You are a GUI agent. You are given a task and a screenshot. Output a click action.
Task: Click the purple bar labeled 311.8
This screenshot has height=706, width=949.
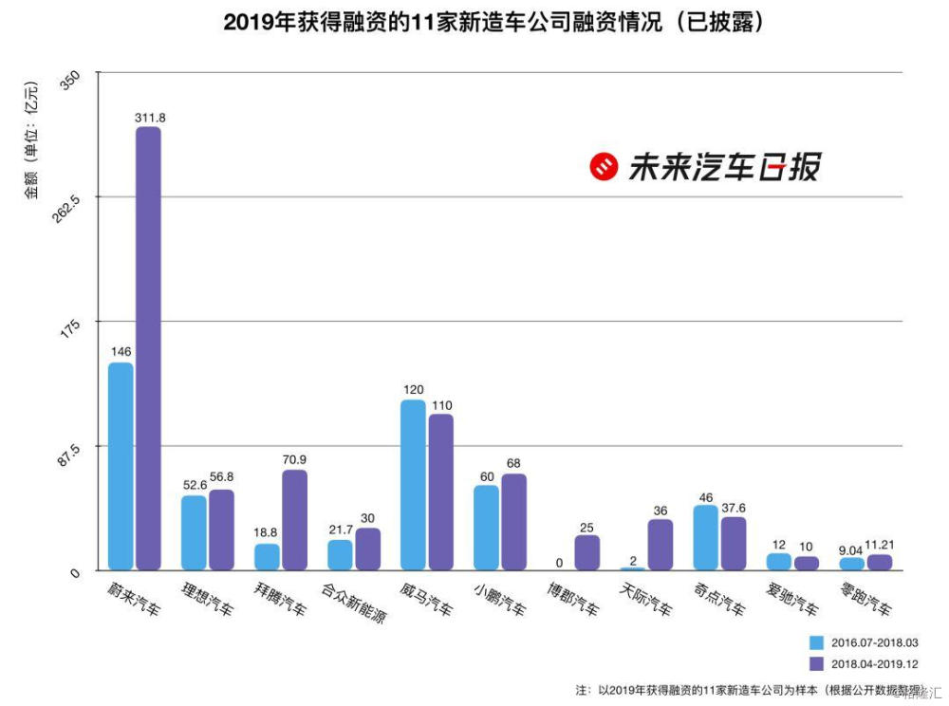point(148,348)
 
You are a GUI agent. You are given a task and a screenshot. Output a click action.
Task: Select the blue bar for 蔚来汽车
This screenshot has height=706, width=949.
point(121,466)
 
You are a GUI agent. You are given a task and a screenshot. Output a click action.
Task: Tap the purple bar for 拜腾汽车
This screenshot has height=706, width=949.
point(294,520)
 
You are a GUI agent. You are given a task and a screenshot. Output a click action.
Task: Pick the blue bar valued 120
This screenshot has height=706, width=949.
point(413,485)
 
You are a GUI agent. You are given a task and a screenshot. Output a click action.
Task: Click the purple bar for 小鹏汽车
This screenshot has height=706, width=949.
point(513,522)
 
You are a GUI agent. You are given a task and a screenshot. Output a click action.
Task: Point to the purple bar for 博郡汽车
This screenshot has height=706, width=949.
point(587,552)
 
